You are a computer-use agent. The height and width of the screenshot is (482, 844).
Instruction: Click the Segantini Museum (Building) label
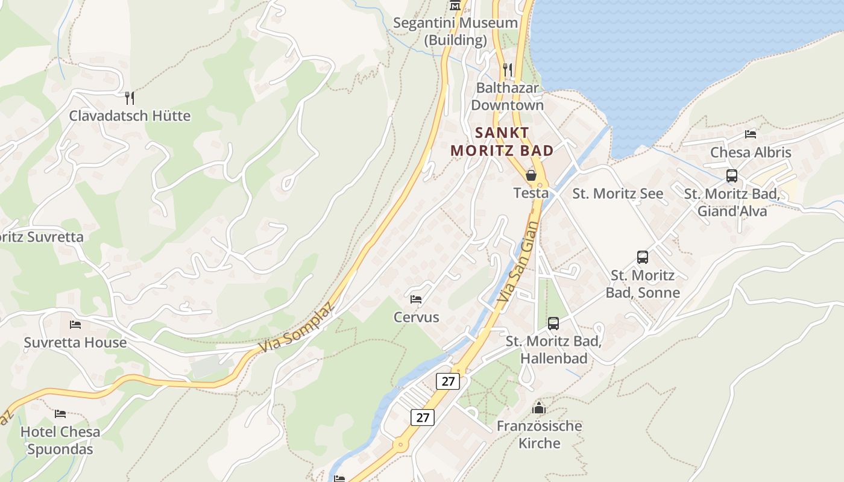pos(455,31)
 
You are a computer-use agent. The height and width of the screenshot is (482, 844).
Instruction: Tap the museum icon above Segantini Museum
pos(455,5)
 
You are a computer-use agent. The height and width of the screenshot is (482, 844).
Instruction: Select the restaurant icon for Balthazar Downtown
pos(508,70)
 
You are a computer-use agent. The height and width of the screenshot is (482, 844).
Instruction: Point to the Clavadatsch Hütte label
pos(130,116)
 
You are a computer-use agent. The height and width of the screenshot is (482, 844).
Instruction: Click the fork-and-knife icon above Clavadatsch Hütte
pos(129,98)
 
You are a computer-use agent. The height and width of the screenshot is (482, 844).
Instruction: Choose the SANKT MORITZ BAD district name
pos(502,142)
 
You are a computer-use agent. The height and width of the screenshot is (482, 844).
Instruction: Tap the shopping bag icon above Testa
pos(531,175)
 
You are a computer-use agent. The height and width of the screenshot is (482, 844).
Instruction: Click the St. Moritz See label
pos(617,193)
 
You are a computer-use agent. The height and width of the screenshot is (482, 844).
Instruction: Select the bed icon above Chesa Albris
pos(751,134)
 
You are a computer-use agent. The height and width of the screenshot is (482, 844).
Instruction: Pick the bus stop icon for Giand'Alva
pos(732,176)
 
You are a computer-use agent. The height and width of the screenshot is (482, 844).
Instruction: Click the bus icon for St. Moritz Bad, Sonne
pos(643,257)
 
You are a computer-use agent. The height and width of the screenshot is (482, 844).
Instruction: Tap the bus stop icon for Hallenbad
pos(553,324)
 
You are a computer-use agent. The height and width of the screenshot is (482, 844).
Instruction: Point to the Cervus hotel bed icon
pos(416,299)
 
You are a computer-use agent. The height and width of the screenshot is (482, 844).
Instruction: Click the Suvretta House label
pos(75,342)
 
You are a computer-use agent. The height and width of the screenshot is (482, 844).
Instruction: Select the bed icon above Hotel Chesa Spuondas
pos(60,414)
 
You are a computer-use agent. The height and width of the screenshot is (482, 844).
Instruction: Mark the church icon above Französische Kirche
pos(539,408)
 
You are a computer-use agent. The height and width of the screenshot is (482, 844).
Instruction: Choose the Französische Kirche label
pos(540,434)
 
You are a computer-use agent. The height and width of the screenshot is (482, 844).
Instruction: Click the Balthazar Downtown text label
pos(507,96)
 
